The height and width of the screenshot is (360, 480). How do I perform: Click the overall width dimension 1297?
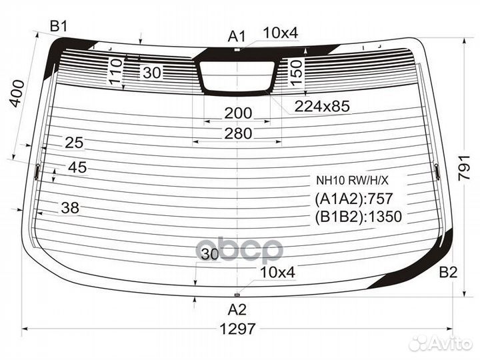(238, 329)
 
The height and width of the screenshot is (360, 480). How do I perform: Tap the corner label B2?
(449, 272)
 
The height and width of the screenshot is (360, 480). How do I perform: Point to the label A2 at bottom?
(237, 309)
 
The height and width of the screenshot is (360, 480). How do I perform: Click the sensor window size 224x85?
(323, 106)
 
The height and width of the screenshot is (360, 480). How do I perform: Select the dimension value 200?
(237, 113)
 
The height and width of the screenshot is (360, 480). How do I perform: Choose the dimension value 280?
(237, 133)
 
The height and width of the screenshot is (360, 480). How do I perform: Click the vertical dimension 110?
(115, 70)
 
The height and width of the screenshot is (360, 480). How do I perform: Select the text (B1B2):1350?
(359, 216)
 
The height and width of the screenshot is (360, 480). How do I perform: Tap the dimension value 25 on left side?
(74, 142)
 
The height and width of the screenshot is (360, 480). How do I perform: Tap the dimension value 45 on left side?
(77, 168)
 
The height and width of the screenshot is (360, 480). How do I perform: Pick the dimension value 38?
(69, 208)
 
